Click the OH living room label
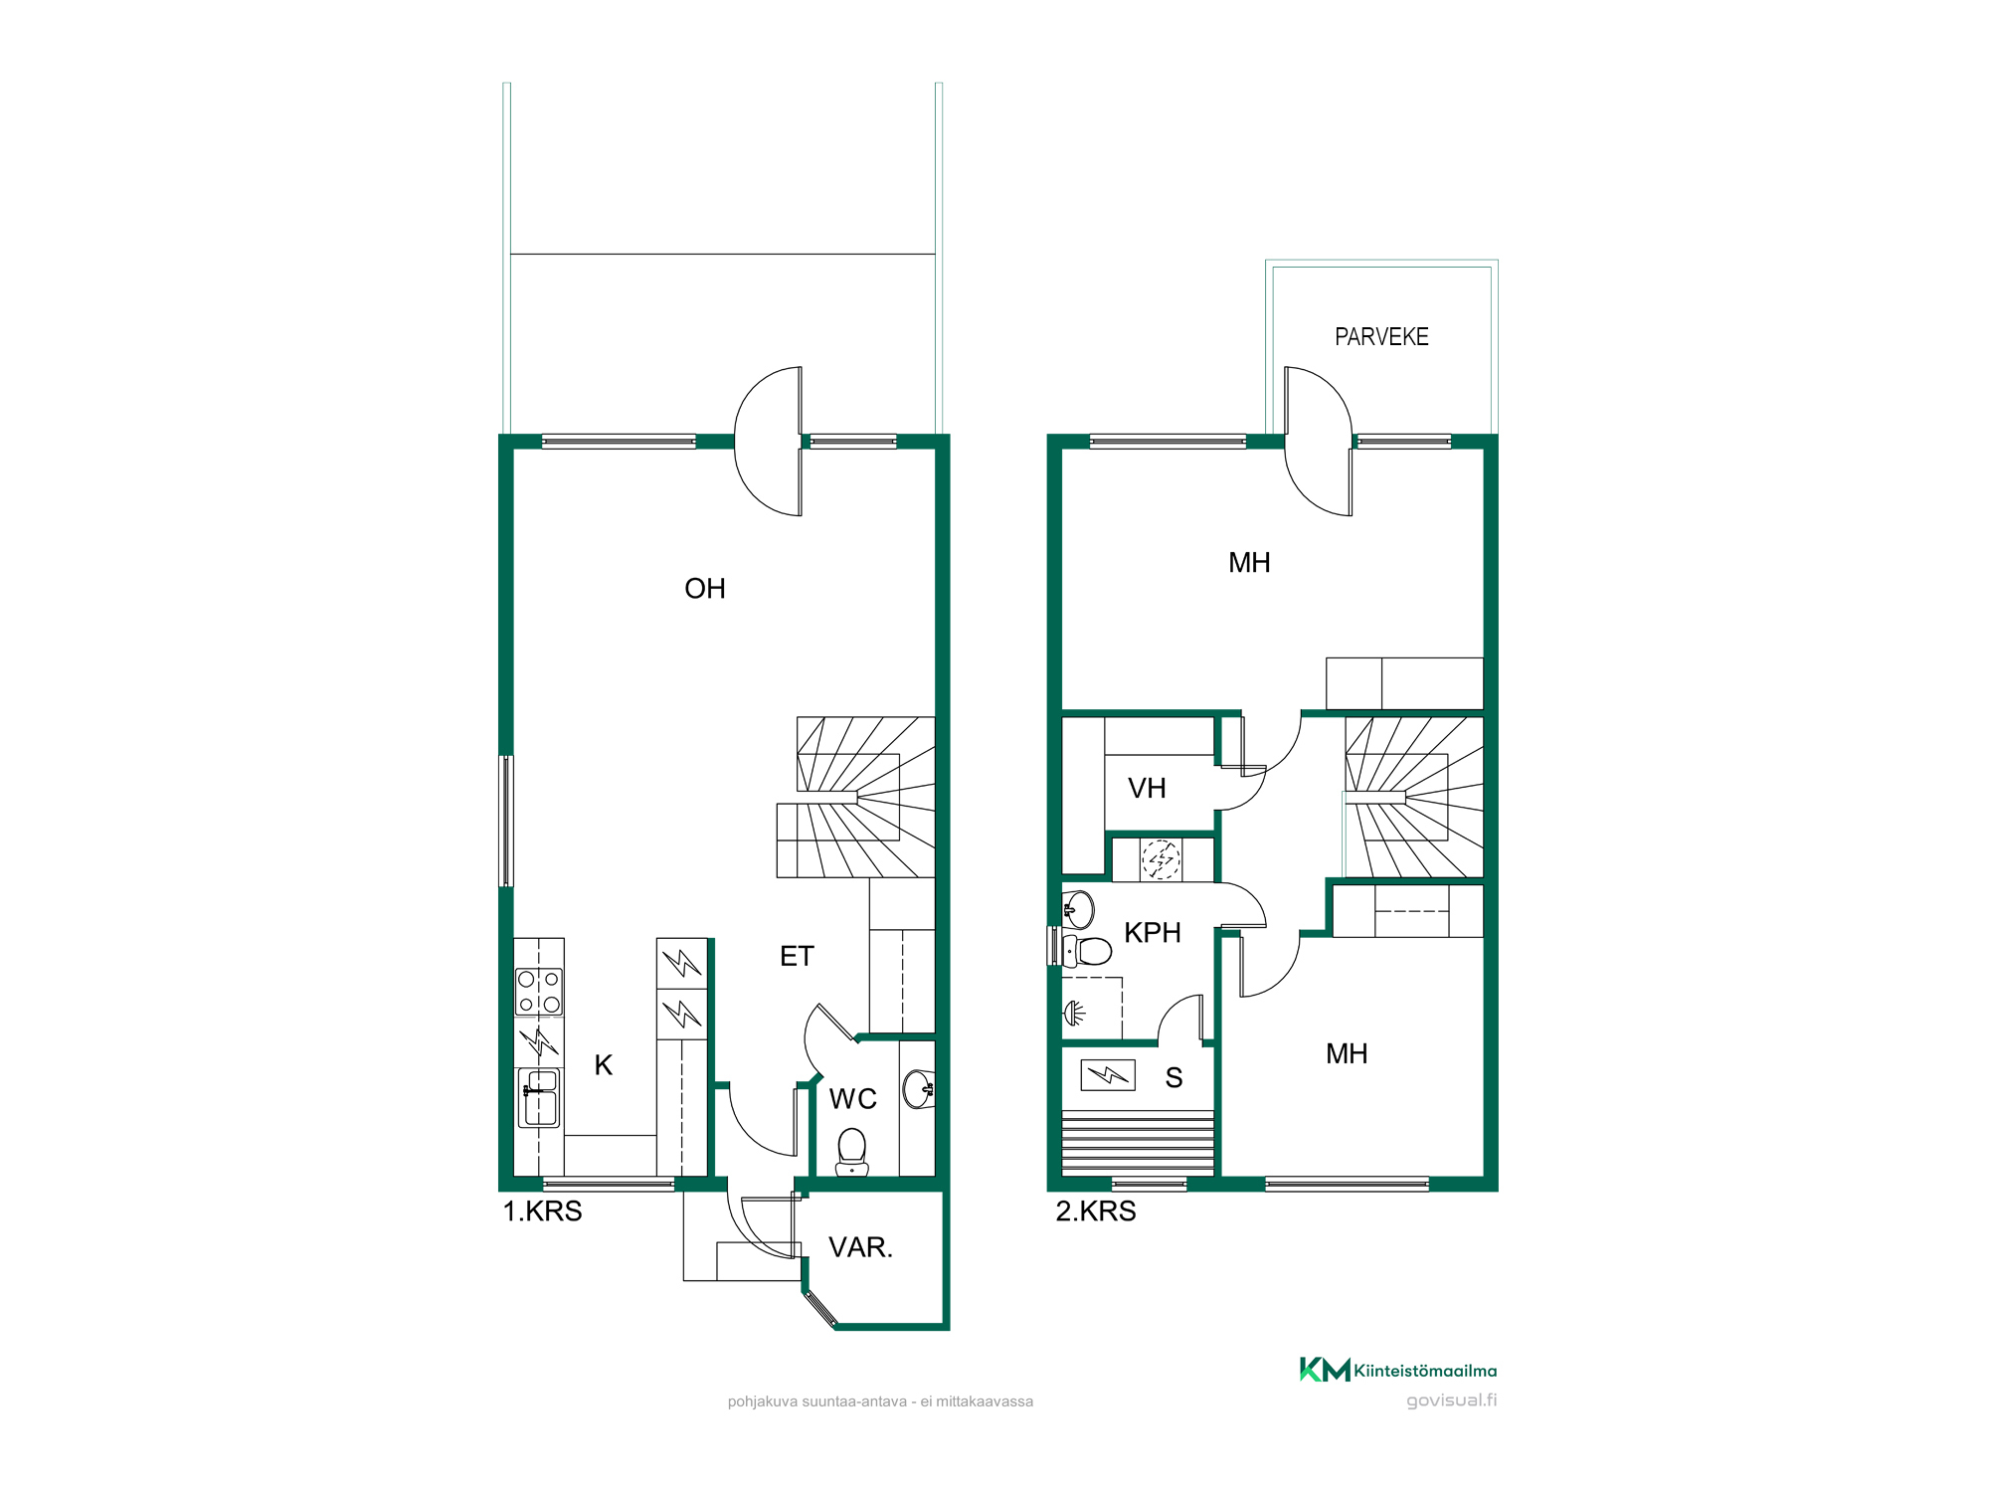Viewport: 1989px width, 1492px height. [x=705, y=589]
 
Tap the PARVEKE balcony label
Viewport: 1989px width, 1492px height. [x=1381, y=337]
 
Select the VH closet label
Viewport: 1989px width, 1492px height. [x=1147, y=789]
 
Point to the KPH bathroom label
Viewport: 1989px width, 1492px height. [x=1153, y=933]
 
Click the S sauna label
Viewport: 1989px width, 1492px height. [x=1175, y=1078]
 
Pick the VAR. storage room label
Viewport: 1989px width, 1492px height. [x=861, y=1247]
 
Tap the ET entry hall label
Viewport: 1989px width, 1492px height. [x=797, y=957]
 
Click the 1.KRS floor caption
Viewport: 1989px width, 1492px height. [x=543, y=1212]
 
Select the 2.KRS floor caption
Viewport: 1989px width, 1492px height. [x=1096, y=1212]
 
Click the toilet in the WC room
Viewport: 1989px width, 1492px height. [x=852, y=1151]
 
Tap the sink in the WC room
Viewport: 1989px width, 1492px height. [x=919, y=1089]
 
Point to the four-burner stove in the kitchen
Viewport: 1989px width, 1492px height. [x=539, y=992]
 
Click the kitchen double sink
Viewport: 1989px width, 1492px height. [x=539, y=1098]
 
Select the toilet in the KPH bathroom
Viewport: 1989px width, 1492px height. [x=1086, y=951]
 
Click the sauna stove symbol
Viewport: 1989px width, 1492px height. [x=1108, y=1075]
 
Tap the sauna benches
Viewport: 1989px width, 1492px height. [x=1138, y=1143]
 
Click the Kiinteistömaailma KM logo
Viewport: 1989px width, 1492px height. [x=1398, y=1370]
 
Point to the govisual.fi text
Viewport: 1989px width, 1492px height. [x=1452, y=1400]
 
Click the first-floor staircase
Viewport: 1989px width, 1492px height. [x=856, y=797]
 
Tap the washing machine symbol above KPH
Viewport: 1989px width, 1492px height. [x=1161, y=859]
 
